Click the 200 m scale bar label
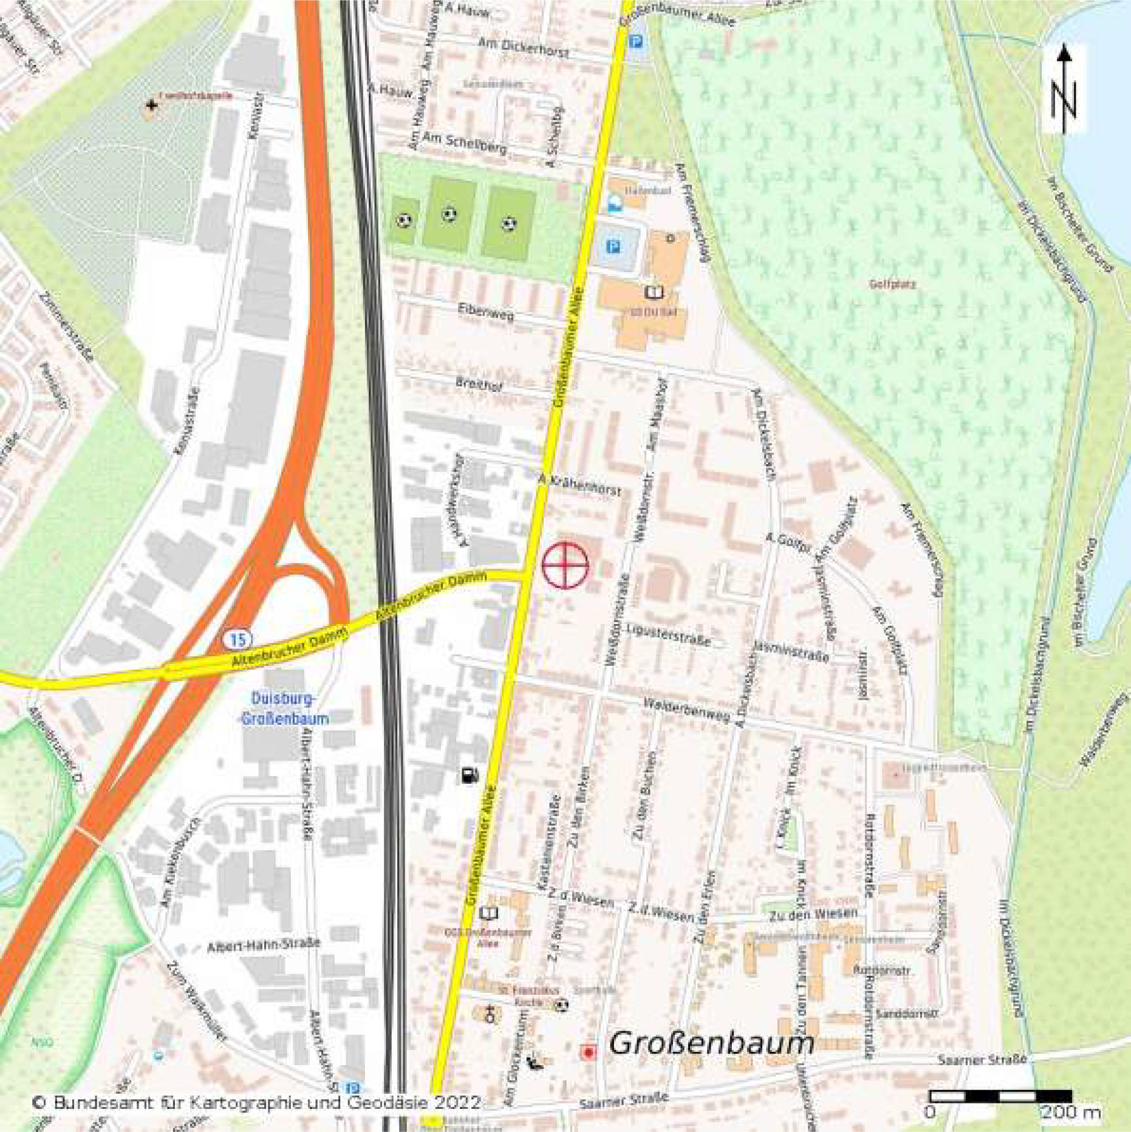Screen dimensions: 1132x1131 1071,1113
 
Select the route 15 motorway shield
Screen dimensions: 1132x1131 237,639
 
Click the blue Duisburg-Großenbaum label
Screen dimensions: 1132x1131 284,709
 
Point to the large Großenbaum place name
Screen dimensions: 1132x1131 711,1043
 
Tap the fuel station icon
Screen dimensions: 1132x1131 470,775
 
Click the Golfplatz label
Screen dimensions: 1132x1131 892,284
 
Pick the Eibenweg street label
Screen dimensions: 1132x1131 485,310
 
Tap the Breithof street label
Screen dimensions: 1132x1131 479,383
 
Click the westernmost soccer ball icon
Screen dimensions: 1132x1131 404,220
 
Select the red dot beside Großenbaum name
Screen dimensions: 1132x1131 587,1052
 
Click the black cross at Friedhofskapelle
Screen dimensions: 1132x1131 151,106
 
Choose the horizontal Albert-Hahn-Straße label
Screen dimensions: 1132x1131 263,946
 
